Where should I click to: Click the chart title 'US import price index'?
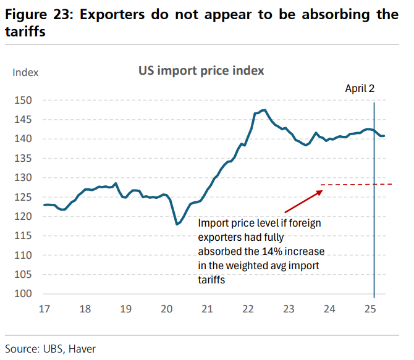pyautogui.click(x=201, y=70)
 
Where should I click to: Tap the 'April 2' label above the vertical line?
pyautogui.click(x=360, y=88)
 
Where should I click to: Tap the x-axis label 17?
pyautogui.click(x=44, y=309)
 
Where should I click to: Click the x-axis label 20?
pyautogui.click(x=167, y=309)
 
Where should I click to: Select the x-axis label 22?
pyautogui.click(x=248, y=309)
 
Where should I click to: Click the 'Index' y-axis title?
pyautogui.click(x=25, y=72)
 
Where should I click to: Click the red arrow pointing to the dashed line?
pyautogui.click(x=302, y=202)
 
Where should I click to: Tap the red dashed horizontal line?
pyautogui.click(x=358, y=184)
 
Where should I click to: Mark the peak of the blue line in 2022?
pyautogui.click(x=264, y=110)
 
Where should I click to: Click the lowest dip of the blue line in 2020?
pyautogui.click(x=177, y=224)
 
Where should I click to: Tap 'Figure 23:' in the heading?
pyautogui.click(x=40, y=14)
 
